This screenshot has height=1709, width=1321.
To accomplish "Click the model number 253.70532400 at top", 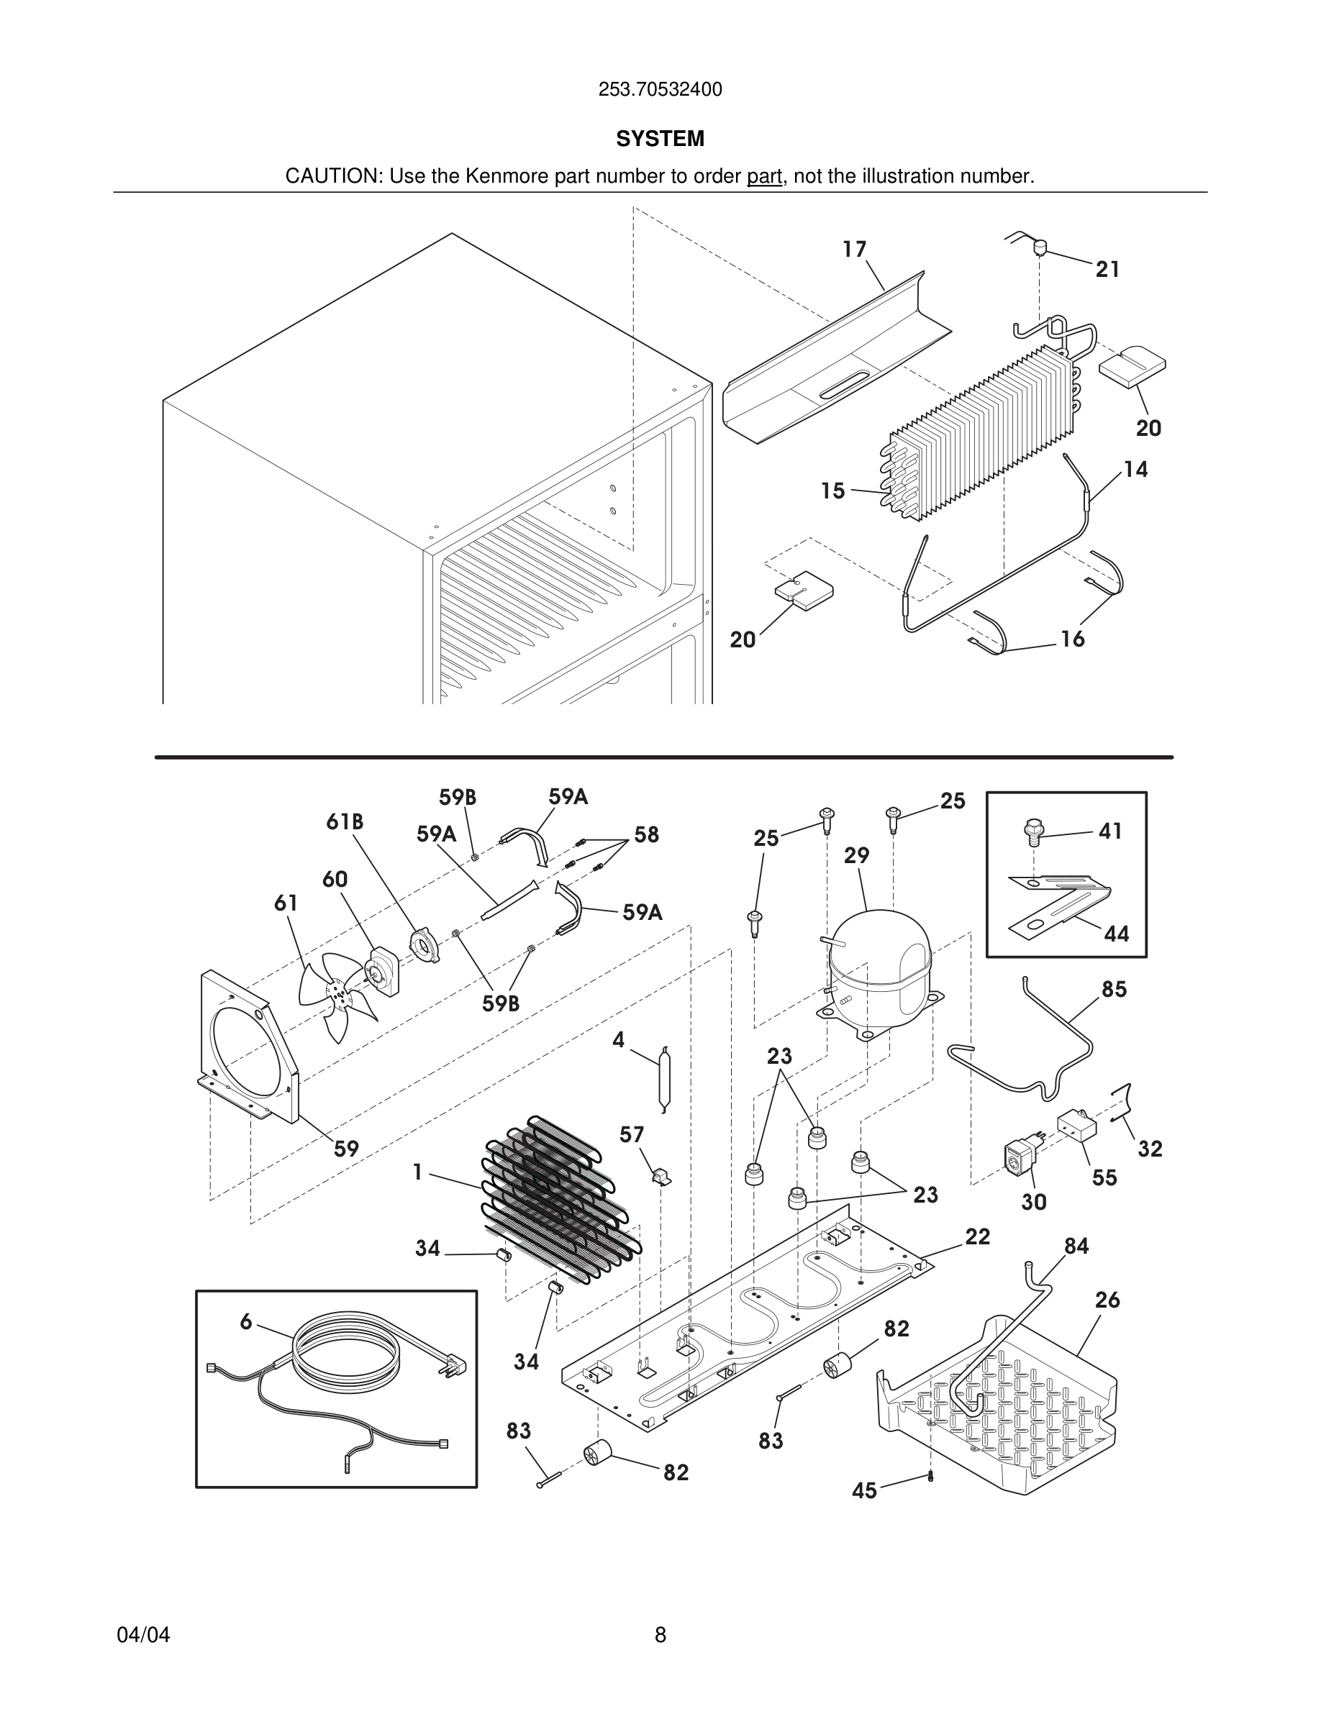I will click(x=660, y=90).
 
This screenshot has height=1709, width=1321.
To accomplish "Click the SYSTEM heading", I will click(x=660, y=140).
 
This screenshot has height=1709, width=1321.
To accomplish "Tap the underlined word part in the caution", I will click(x=764, y=177).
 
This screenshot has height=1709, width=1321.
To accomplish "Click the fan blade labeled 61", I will click(x=337, y=997).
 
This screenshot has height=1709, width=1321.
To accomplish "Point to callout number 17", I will click(x=854, y=250).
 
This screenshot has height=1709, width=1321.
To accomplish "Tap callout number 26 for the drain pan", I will click(x=1107, y=1300).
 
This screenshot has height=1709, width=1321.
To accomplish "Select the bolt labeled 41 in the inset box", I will click(x=1034, y=831).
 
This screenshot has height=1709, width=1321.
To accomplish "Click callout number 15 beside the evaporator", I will click(x=832, y=491).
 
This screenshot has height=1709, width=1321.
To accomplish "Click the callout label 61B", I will click(x=345, y=821).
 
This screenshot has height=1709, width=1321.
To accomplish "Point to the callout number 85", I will click(x=1114, y=990).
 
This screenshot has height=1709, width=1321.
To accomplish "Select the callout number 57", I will click(x=632, y=1134).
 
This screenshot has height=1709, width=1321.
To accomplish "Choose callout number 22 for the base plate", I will click(x=978, y=1237).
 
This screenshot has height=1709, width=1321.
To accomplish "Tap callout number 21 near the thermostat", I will click(x=1107, y=270).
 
